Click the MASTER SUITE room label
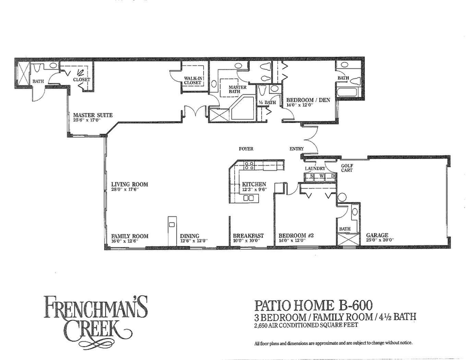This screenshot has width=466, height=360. click(x=93, y=115)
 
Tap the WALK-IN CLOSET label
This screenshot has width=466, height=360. click(x=193, y=80)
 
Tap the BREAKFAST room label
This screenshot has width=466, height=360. click(x=248, y=236)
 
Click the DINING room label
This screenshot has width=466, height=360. click(x=190, y=236)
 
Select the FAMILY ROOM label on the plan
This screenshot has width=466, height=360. click(x=130, y=236)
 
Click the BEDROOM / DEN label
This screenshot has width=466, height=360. click(x=306, y=99)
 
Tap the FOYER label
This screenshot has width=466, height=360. click(x=246, y=149)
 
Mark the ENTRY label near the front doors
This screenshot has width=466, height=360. click(x=297, y=149)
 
